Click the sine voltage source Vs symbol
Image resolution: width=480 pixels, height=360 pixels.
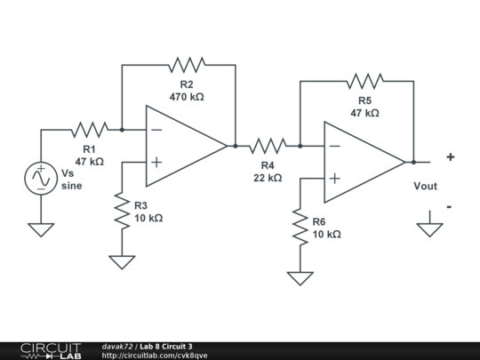click(x=41, y=179)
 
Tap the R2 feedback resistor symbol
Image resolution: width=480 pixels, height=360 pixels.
click(x=187, y=65)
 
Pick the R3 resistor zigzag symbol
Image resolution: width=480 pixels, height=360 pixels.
click(x=122, y=211)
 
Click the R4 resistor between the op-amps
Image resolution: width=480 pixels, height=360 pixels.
click(x=268, y=146)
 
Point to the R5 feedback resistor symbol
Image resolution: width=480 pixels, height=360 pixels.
click(x=364, y=81)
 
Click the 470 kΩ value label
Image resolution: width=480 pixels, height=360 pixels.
click(x=187, y=96)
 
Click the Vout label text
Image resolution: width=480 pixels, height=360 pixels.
click(x=426, y=187)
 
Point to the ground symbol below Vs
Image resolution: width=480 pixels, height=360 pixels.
click(x=41, y=229)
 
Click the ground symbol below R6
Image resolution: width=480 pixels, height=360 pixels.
click(x=300, y=277)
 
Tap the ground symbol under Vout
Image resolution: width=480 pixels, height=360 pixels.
click(x=430, y=228)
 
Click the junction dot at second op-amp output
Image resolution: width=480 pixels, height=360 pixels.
click(x=413, y=162)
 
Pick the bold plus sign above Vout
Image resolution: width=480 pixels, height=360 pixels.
click(x=450, y=157)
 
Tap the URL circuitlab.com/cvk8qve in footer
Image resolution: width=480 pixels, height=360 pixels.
click(x=155, y=356)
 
